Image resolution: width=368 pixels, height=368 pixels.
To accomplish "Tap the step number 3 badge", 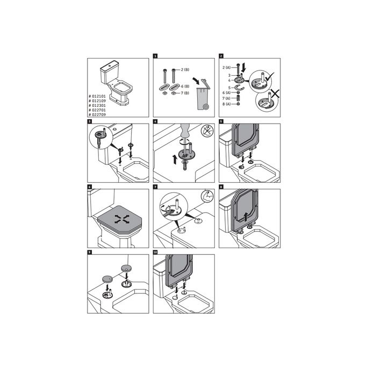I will pos(90,121).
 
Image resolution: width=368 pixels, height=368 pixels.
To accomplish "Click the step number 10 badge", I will pos(156,252).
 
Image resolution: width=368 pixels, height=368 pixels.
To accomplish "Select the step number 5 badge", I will pos(221,121).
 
